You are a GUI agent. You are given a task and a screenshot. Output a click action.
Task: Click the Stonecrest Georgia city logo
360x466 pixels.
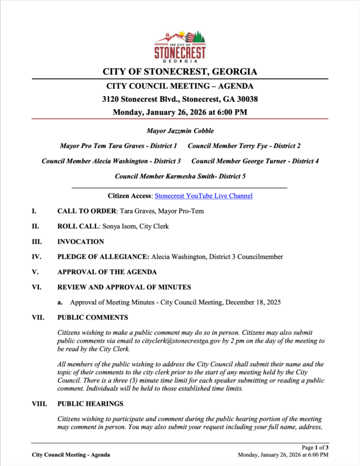180,46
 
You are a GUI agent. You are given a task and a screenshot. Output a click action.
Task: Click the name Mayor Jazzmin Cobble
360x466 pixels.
180,131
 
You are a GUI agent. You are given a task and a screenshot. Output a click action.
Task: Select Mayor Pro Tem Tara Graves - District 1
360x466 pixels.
119,146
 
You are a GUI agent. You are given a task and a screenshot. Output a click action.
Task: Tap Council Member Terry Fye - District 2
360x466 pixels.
244,146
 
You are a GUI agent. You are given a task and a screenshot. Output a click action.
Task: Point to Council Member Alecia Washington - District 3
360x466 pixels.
111,161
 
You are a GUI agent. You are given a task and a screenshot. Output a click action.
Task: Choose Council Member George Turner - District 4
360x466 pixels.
255,161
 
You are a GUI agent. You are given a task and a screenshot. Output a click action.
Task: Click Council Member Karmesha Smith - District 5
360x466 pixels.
180,176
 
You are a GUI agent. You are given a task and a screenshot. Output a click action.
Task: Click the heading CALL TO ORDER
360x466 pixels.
87,211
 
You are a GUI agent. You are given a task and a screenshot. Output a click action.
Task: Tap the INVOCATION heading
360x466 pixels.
80,241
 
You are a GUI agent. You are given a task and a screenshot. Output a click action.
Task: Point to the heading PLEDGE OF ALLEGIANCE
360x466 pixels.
103,257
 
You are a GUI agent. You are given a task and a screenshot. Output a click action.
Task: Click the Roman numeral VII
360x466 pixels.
38,317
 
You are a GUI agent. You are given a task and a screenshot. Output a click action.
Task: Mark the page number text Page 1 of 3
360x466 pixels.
315,447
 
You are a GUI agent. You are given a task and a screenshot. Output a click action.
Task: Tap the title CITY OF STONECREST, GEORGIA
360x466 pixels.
180,72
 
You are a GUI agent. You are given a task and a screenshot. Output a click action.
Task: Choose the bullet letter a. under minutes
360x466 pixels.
60,302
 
